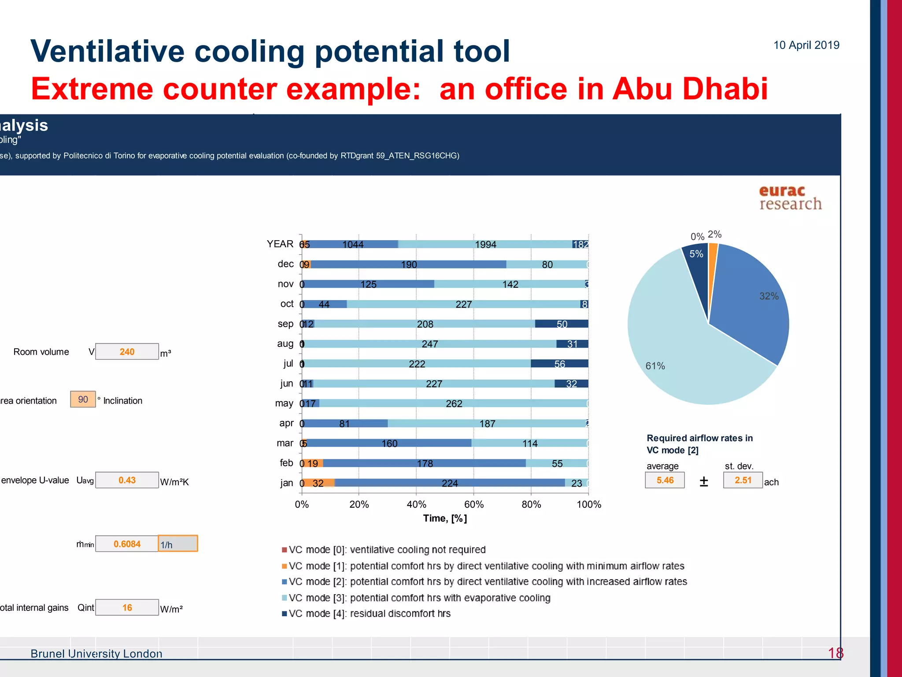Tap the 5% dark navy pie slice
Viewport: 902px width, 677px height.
[x=696, y=264]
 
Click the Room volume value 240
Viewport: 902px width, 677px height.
[x=127, y=352]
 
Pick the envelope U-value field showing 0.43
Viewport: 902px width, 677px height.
[x=127, y=480]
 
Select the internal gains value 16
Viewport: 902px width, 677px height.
[x=127, y=607]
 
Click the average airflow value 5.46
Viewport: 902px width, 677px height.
[x=665, y=480]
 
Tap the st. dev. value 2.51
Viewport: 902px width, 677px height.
[x=743, y=480]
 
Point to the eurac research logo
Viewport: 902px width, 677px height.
[x=790, y=197]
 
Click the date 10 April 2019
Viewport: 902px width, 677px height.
[x=806, y=45]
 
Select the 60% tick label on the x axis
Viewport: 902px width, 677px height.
[x=474, y=504]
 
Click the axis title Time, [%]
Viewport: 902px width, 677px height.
[x=445, y=518]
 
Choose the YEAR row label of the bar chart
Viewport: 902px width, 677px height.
[x=280, y=244]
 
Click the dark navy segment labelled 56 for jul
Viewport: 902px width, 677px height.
[x=559, y=364]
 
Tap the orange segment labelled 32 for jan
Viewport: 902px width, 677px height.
[x=318, y=483]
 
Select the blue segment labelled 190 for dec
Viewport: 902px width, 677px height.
[x=409, y=264]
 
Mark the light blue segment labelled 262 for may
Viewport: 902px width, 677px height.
[x=454, y=403]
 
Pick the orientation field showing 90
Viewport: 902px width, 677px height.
[x=83, y=399]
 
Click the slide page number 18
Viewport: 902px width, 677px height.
[x=835, y=653]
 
